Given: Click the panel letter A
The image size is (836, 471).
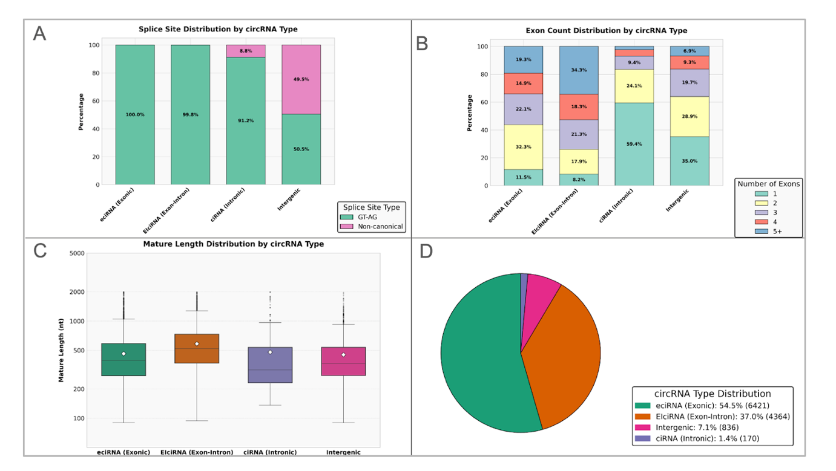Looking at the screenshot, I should pyautogui.click(x=39, y=34).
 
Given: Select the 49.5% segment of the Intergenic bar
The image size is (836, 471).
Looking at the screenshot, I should pyautogui.click(x=301, y=79).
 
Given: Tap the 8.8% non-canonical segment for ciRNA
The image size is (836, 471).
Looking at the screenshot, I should pyautogui.click(x=245, y=51).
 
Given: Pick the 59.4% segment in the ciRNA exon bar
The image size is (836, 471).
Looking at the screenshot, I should pyautogui.click(x=633, y=145).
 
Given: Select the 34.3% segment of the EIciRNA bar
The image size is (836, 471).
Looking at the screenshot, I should pyautogui.click(x=578, y=70).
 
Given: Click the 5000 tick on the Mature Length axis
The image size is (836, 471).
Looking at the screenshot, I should pyautogui.click(x=76, y=253).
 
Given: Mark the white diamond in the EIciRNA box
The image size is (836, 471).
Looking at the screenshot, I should pyautogui.click(x=197, y=344).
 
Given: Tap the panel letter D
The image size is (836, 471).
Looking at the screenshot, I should pyautogui.click(x=426, y=251).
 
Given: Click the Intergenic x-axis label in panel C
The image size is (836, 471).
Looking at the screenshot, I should pyautogui.click(x=343, y=452).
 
